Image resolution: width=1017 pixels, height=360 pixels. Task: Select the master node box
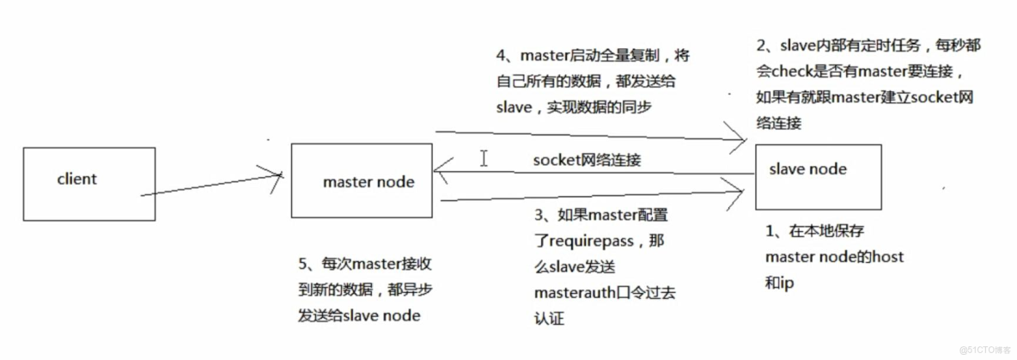tap(362, 180)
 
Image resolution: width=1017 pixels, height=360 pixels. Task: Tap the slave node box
tap(818, 176)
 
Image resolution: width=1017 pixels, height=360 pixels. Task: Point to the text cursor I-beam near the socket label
tap(484, 158)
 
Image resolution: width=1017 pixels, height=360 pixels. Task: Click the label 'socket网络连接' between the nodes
tap(586, 161)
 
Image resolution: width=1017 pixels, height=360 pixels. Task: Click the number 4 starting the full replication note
tap(502, 56)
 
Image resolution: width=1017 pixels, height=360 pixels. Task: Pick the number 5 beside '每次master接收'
tap(301, 263)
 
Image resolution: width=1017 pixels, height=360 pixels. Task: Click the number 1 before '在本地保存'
tap(770, 231)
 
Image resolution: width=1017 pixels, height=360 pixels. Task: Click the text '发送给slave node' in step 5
tap(358, 315)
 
